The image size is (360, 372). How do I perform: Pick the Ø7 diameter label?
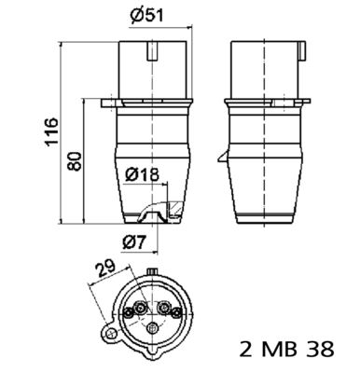[137, 241]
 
